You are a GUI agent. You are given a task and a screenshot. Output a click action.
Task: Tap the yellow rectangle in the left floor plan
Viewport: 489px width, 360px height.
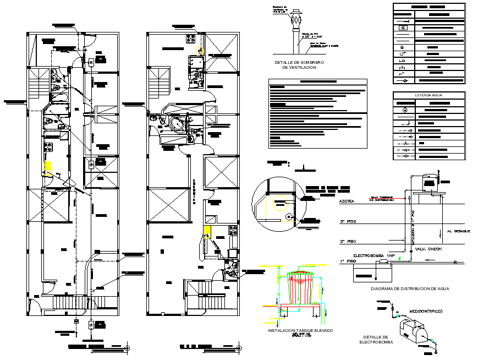[48, 168]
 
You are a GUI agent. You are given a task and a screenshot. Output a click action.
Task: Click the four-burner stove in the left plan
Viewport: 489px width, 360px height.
[48, 148]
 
